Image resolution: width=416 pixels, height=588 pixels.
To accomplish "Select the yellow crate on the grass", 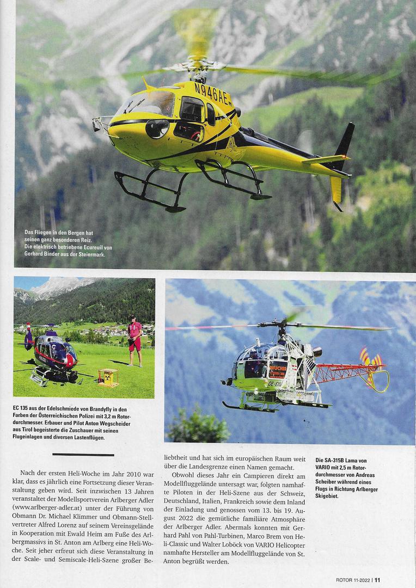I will (108, 377).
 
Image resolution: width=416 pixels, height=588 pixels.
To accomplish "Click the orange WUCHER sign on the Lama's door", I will (278, 371).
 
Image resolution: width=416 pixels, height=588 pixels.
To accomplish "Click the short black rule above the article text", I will (83, 454).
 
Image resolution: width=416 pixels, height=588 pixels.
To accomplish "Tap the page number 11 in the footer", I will (377, 579).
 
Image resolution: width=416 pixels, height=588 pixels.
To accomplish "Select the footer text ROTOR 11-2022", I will (352, 579).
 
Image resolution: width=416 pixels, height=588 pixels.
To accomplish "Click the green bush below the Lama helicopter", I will (199, 427).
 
